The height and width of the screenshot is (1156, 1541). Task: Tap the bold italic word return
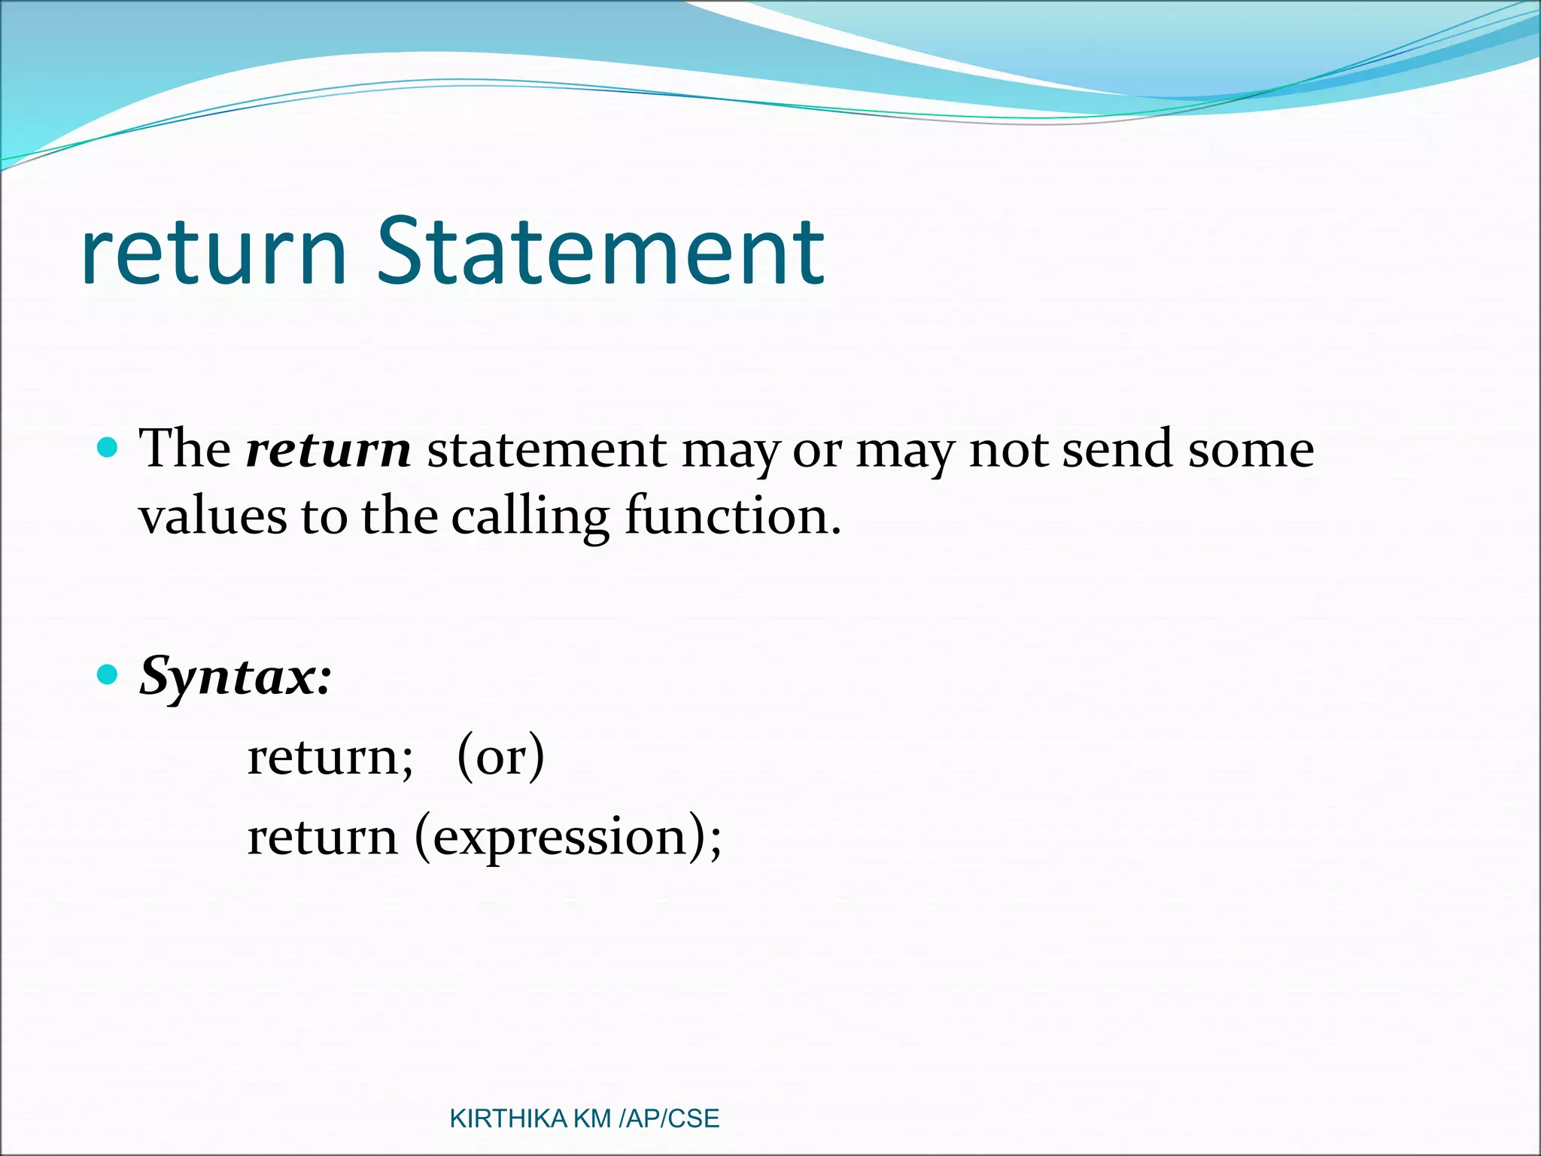pyautogui.click(x=329, y=450)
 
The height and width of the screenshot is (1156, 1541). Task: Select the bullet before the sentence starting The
pyautogui.click(x=108, y=449)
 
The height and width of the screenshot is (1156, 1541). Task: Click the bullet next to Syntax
pyautogui.click(x=108, y=674)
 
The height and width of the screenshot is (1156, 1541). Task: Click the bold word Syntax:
pyautogui.click(x=235, y=677)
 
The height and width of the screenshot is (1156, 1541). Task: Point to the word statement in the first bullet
pyautogui.click(x=546, y=450)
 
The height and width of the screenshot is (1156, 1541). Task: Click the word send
pyautogui.click(x=1117, y=450)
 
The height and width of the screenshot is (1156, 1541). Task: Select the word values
pyautogui.click(x=213, y=518)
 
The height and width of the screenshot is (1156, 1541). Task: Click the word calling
pyautogui.click(x=530, y=518)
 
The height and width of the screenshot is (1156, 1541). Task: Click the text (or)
pyautogui.click(x=500, y=756)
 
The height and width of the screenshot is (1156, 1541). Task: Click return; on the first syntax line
pyautogui.click(x=330, y=756)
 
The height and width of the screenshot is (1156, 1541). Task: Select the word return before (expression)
pyautogui.click(x=322, y=837)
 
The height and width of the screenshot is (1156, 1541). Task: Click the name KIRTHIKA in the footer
pyautogui.click(x=508, y=1119)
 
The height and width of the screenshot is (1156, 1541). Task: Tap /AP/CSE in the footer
pyautogui.click(x=669, y=1119)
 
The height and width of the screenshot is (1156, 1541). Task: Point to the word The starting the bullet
pyautogui.click(x=185, y=450)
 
